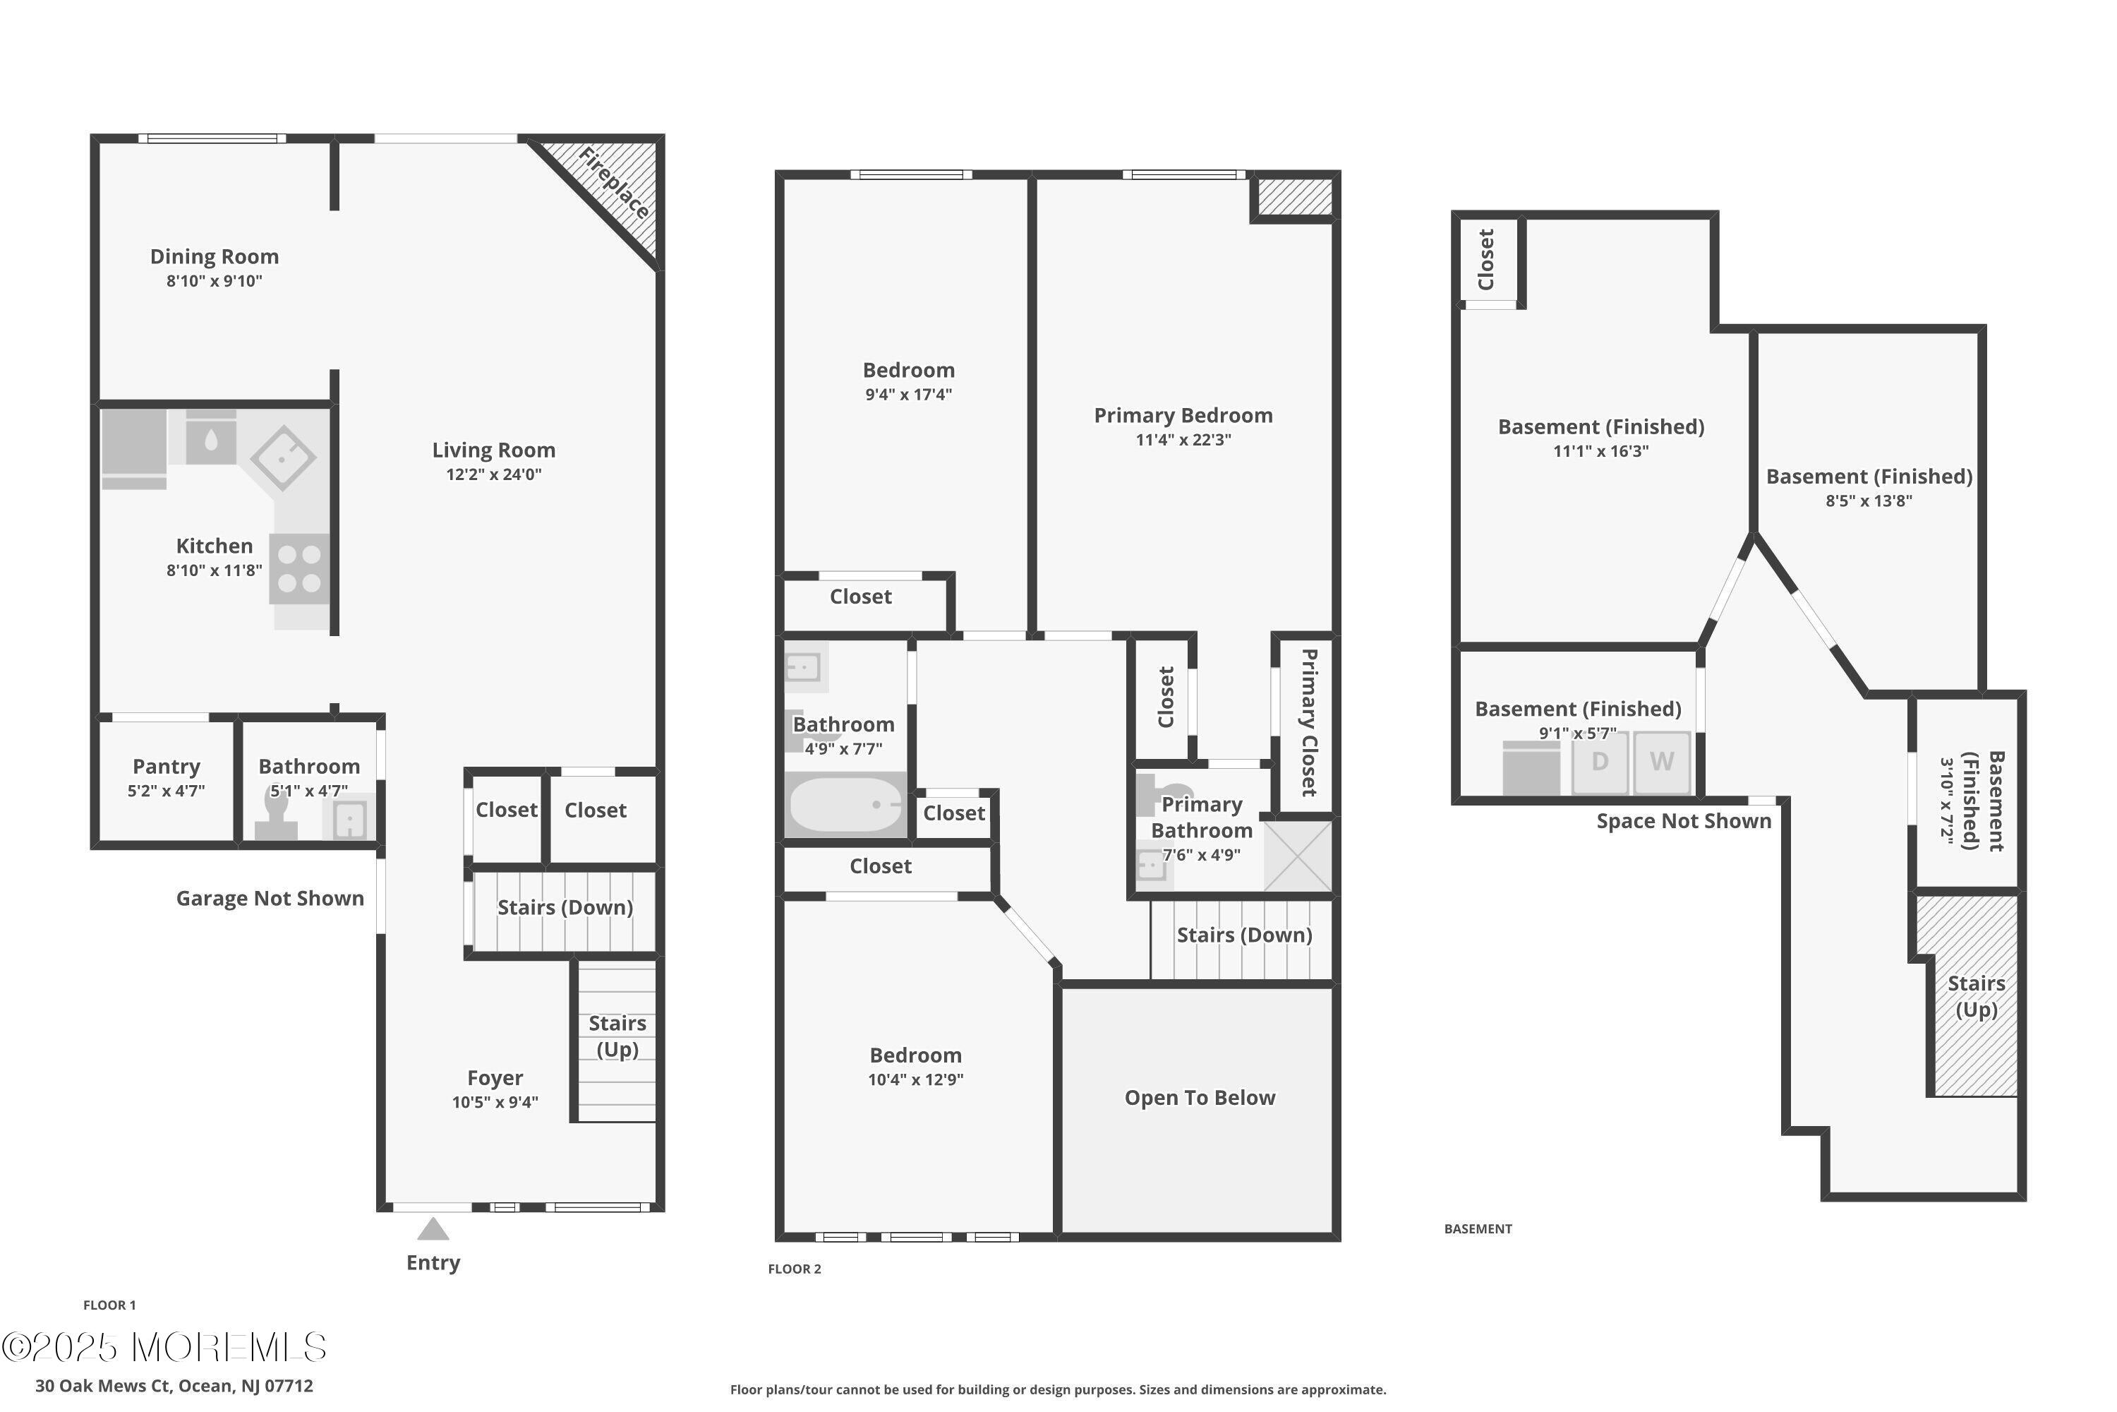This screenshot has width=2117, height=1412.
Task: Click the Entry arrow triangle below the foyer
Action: (433, 1229)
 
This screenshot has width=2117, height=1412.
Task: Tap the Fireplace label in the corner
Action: (614, 184)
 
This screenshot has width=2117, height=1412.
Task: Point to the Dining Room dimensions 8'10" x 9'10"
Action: (215, 281)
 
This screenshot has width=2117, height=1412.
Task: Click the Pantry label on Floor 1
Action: (167, 766)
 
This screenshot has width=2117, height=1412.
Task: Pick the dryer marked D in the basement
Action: (1600, 762)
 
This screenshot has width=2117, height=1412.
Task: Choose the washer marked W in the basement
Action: (1662, 762)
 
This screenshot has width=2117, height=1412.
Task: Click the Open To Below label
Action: (1200, 1098)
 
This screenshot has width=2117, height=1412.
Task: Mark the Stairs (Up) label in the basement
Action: (1977, 996)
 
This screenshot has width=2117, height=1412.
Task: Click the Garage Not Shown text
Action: (270, 899)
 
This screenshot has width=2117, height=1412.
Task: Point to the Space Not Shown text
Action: (1683, 821)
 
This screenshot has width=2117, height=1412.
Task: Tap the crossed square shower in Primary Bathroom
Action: (1297, 856)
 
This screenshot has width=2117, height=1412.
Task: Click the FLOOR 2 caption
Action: (794, 1269)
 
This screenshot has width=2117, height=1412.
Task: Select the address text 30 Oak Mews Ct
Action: (174, 1386)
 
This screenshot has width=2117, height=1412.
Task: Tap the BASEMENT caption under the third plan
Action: (1478, 1229)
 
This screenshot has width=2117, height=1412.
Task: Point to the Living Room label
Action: (493, 450)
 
